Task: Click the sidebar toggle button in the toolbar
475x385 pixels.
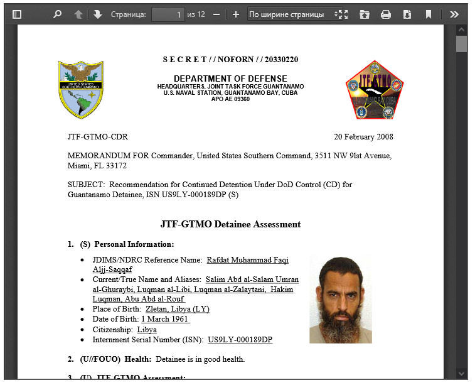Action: (x=17, y=14)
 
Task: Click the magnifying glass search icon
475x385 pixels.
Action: (x=57, y=14)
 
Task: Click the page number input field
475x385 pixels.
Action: (x=168, y=14)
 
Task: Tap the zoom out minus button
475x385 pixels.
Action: (x=216, y=14)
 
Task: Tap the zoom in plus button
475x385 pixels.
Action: (x=235, y=14)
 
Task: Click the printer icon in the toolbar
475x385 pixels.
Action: (x=386, y=14)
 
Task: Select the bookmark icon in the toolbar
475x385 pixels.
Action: (x=429, y=14)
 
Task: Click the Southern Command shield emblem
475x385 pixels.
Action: (x=81, y=90)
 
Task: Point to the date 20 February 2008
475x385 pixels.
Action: (x=363, y=136)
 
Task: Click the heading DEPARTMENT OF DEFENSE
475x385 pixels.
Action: (x=230, y=79)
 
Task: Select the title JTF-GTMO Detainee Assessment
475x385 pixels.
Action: (x=230, y=224)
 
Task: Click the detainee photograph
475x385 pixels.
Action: (x=340, y=299)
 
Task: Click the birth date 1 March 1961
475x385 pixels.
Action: (x=165, y=319)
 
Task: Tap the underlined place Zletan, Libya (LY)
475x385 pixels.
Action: (x=177, y=309)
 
